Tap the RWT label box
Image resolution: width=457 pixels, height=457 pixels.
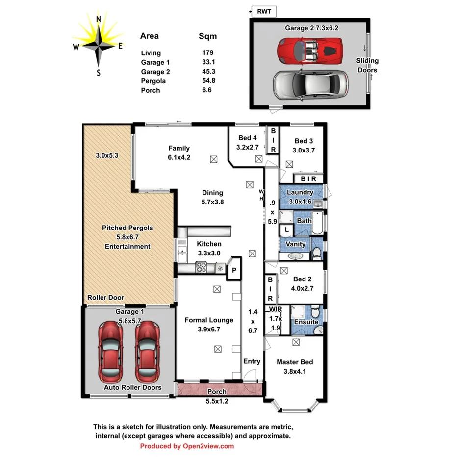pyautogui.click(x=264, y=11)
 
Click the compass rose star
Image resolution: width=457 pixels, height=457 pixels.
pyautogui.click(x=98, y=46)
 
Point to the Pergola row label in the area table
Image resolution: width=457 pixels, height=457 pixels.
pyautogui.click(x=153, y=81)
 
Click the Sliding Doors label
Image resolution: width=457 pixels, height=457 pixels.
pyautogui.click(x=367, y=65)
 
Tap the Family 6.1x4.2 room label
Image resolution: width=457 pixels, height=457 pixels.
pyautogui.click(x=179, y=153)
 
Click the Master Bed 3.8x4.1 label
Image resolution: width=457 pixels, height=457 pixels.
pyautogui.click(x=295, y=366)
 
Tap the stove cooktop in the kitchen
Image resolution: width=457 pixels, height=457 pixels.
pyautogui.click(x=201, y=267)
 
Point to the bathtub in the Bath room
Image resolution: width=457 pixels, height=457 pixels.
pyautogui.click(x=318, y=223)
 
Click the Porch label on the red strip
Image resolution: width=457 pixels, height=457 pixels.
pyautogui.click(x=217, y=392)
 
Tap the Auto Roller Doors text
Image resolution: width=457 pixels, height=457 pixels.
pyautogui.click(x=132, y=387)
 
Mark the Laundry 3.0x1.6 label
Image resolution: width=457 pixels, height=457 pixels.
pyautogui.click(x=300, y=197)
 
